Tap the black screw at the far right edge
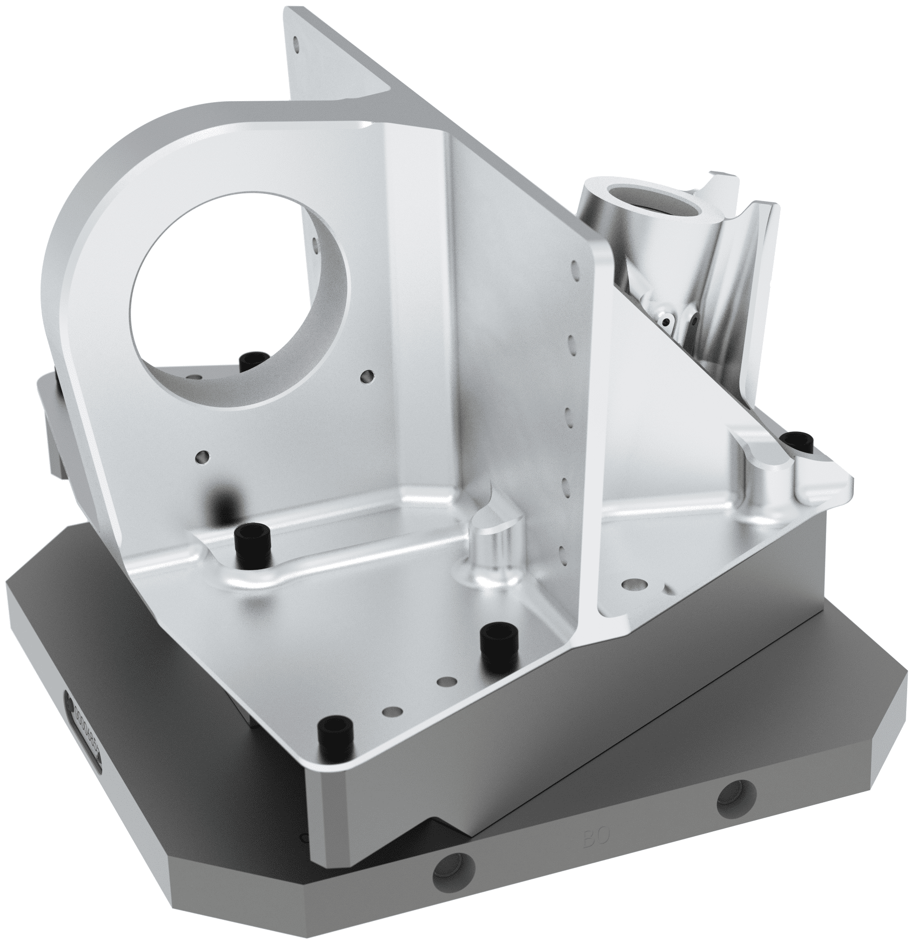[x=799, y=442]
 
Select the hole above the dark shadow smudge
[x=202, y=457]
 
